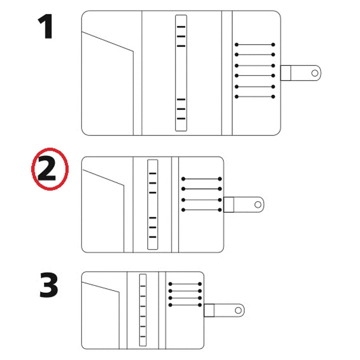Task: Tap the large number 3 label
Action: click(49, 285)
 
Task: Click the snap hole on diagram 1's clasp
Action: click(315, 73)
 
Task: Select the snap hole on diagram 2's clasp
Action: click(258, 204)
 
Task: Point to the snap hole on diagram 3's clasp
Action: click(238, 310)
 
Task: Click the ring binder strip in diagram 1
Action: click(181, 73)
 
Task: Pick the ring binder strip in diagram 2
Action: click(153, 204)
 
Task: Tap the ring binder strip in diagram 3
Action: click(143, 310)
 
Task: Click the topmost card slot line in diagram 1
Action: click(255, 44)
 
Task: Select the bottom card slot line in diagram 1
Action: click(255, 97)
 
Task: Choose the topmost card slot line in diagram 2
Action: click(201, 179)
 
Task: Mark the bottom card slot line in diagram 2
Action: click(201, 210)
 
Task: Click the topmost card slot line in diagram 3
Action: click(185, 284)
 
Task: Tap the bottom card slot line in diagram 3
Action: click(185, 305)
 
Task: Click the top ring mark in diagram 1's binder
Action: click(181, 27)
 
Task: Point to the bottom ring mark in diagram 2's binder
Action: click(153, 237)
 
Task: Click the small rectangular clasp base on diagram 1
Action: click(286, 73)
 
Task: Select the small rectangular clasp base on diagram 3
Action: click(209, 310)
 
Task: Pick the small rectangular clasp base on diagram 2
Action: click(229, 204)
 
